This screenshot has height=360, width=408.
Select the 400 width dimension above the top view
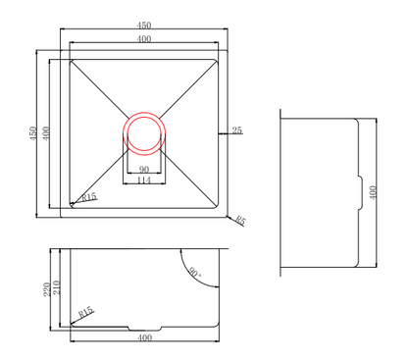tap(144, 39)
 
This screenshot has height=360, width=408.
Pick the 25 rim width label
tap(236, 129)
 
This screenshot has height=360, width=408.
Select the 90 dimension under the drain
tap(143, 169)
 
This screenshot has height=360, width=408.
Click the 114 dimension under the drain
tap(143, 180)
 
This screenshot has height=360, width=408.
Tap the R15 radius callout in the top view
tap(88, 197)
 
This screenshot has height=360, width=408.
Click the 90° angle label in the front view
tap(195, 275)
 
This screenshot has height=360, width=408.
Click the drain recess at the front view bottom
tap(144, 326)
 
